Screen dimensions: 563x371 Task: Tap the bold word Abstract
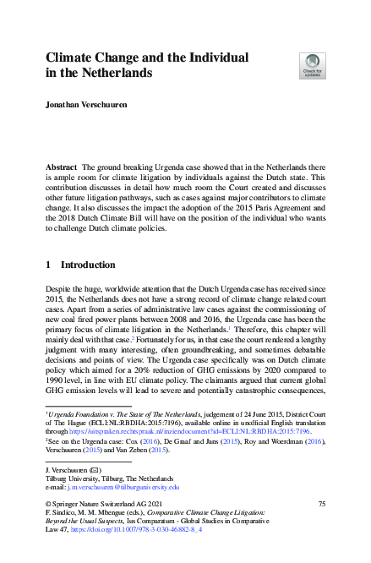click(61, 169)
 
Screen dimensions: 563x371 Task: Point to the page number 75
click(321, 503)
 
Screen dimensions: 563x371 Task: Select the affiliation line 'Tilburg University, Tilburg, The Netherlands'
click(106, 478)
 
